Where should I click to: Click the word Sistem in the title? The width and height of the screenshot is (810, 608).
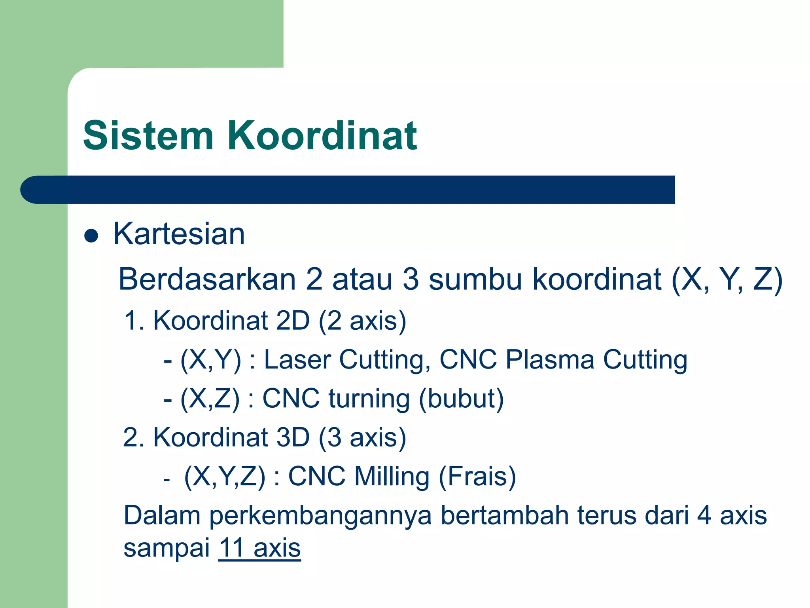148,136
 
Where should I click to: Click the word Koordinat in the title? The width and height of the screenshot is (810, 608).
322,136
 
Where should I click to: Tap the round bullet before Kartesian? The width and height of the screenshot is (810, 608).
91,236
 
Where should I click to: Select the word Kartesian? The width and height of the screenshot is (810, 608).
179,234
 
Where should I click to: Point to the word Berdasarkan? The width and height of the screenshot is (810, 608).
207,279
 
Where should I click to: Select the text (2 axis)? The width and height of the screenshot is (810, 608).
362,321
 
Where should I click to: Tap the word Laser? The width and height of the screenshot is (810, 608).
297,360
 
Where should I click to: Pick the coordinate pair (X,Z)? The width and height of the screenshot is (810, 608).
210,399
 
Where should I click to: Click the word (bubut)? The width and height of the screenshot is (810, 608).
461,399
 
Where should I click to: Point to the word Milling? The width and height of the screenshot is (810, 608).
392,477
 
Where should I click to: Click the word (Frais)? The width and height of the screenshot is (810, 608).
477,477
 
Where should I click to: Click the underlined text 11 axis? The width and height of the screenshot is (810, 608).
259,548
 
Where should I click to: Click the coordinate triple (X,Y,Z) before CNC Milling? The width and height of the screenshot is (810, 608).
225,477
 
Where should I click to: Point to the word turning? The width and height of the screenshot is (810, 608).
369,399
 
